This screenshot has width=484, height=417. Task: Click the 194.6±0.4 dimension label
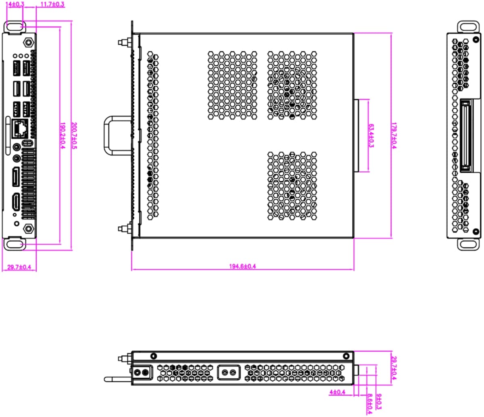coord(242,266)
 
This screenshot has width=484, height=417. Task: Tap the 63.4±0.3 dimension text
coord(370,136)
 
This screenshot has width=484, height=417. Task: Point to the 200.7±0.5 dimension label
coord(73,136)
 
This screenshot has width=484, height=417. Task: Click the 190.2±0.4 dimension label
coord(62,136)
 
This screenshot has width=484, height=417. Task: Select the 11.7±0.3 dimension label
coord(52,4)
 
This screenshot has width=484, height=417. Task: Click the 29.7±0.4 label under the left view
coord(19,267)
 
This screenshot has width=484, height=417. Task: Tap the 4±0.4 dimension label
coord(337,392)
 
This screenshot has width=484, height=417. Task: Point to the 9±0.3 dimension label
coord(379,402)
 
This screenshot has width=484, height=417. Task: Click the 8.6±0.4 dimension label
coord(369,404)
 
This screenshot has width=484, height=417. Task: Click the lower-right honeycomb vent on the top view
coord(292,186)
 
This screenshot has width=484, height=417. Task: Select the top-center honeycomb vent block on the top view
coord(232,85)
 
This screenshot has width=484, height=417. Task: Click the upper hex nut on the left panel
coord(28,42)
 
